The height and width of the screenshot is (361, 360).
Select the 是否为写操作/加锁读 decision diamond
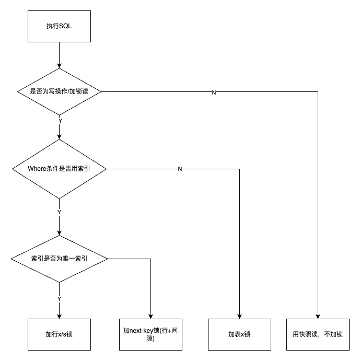[59, 92]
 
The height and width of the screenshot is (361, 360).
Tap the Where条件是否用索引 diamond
[59, 169]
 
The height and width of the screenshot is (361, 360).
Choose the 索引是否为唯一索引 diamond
[59, 258]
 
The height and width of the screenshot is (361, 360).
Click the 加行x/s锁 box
[59, 334]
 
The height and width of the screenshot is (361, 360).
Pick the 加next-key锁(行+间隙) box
[150, 334]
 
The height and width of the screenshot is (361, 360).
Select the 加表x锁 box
[239, 334]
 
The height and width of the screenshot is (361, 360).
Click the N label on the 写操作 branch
[214, 92]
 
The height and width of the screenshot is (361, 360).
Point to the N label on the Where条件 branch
[180, 169]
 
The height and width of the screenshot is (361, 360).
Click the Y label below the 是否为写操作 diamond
[60, 121]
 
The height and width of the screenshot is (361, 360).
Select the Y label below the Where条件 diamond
[59, 212]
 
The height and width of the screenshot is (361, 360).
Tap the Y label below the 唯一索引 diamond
[59, 298]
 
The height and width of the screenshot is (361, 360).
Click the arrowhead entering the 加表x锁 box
[239, 315]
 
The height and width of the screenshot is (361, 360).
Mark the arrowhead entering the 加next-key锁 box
[150, 315]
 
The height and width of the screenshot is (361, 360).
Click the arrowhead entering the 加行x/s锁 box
[59, 315]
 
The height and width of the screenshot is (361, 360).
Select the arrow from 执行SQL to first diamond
[59, 55]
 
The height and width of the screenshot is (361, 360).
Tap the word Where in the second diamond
[36, 169]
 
